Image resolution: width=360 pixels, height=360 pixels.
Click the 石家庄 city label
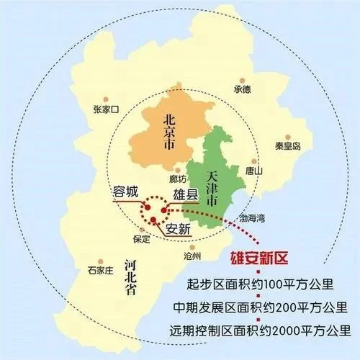[100, 271]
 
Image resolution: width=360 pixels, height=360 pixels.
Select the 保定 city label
[141, 238]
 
